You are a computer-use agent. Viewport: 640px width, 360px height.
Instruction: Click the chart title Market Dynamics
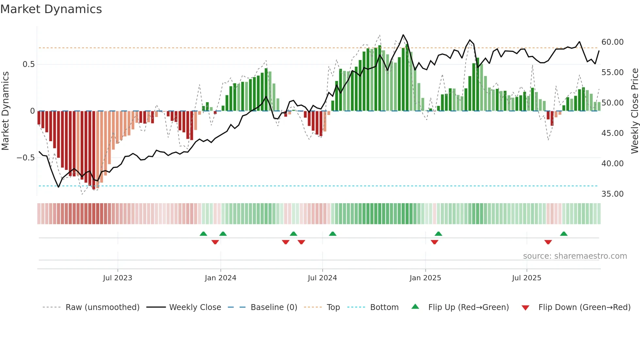(51, 9)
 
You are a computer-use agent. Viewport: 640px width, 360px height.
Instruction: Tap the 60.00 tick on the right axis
(612, 42)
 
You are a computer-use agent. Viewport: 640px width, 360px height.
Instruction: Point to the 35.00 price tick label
(612, 194)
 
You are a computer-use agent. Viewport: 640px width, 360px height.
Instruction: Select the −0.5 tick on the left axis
(25, 158)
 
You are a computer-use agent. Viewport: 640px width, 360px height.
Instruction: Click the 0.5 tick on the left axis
(28, 64)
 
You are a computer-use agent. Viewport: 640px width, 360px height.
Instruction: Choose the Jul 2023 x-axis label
(118, 278)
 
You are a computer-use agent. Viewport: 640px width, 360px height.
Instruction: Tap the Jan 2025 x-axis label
(425, 278)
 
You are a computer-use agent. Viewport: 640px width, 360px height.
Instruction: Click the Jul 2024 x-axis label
(322, 278)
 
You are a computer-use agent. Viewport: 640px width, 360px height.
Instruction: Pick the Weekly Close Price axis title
(634, 111)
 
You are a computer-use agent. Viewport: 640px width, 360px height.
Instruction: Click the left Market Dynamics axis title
(5, 111)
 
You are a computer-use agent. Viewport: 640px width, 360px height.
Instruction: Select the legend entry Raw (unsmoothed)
(102, 307)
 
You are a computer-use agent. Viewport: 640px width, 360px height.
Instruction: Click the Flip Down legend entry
(584, 307)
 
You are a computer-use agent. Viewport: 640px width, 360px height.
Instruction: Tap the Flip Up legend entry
(468, 307)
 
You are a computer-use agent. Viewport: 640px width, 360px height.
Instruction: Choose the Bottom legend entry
(384, 307)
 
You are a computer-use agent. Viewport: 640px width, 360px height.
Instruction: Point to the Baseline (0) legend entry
(274, 307)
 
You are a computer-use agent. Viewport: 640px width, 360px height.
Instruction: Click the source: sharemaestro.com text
(575, 256)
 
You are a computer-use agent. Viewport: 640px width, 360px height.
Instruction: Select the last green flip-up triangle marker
(564, 234)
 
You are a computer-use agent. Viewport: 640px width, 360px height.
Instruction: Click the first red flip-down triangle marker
(215, 242)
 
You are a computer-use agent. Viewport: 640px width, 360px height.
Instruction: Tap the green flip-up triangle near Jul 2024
(332, 234)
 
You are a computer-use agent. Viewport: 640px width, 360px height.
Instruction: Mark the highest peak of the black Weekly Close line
(403, 35)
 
